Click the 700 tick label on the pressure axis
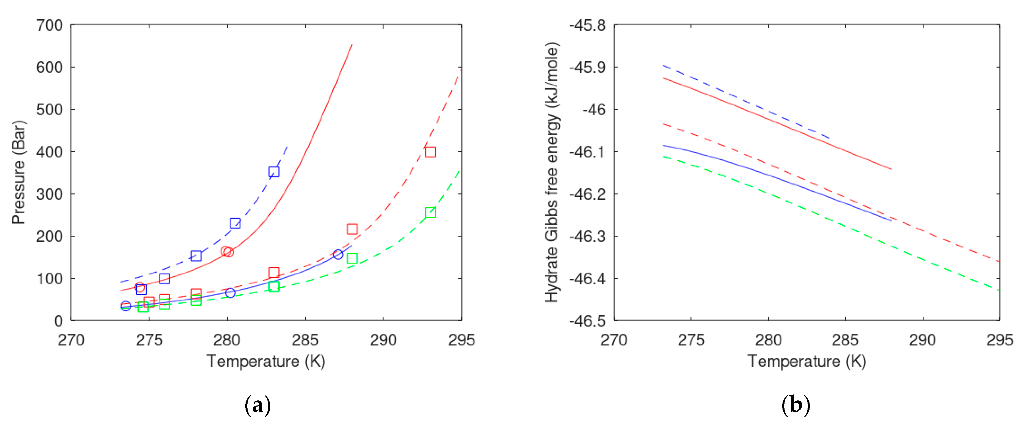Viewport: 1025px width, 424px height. coord(49,26)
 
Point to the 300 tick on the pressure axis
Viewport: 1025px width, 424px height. coord(49,194)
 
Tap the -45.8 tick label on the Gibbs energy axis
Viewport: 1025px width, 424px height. coord(587,26)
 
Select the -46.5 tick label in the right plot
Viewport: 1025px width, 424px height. coord(587,321)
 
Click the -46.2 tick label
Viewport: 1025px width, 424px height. coord(587,194)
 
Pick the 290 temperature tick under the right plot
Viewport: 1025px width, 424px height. coord(922,340)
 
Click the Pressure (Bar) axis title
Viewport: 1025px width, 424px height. coord(18,172)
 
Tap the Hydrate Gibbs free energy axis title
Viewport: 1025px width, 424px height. coord(552,172)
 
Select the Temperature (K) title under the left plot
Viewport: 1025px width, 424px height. coord(266,362)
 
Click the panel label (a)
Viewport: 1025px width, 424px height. coord(258,405)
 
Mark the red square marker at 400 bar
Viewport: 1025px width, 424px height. coord(430,152)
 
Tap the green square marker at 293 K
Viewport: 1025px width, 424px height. coord(430,213)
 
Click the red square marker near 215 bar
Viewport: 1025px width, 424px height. coord(352,229)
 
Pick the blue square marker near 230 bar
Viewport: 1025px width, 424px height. coord(235,223)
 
